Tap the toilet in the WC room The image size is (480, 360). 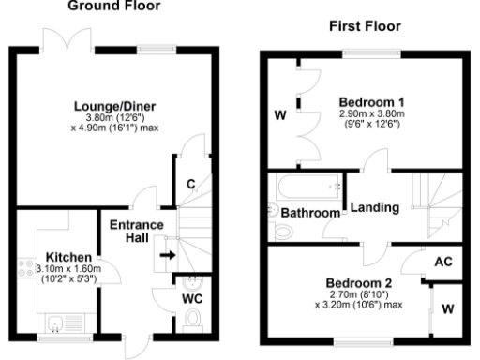(x=194, y=321)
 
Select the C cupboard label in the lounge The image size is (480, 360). (x=190, y=184)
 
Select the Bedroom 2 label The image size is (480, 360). (x=359, y=282)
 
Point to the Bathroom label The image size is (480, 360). (x=311, y=214)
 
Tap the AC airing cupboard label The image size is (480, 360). (x=445, y=262)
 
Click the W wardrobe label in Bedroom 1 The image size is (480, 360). (x=279, y=116)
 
